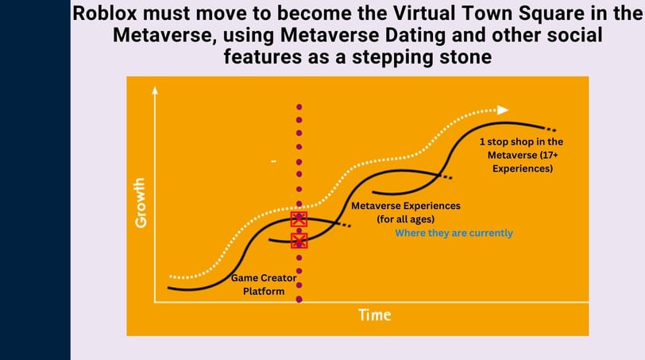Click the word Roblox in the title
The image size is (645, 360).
point(105,14)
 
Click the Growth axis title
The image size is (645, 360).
point(141,203)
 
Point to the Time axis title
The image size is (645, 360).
point(375,315)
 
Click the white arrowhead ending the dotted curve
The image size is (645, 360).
point(503,110)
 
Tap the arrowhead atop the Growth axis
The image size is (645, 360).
point(155,90)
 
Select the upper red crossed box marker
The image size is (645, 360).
point(299,219)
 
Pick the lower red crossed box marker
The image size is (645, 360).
point(299,241)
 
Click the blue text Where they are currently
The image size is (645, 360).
point(454,234)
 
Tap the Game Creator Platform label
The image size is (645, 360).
point(264,285)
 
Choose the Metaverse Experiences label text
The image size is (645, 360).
point(406,206)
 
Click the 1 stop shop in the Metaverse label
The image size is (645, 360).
point(522,155)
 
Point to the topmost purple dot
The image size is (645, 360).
point(299,107)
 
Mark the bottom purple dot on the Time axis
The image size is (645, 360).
point(299,300)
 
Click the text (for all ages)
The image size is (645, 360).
point(406,219)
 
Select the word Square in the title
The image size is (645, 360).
point(551,14)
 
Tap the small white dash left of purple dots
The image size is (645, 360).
point(273,161)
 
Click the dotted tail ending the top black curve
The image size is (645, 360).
point(550,129)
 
